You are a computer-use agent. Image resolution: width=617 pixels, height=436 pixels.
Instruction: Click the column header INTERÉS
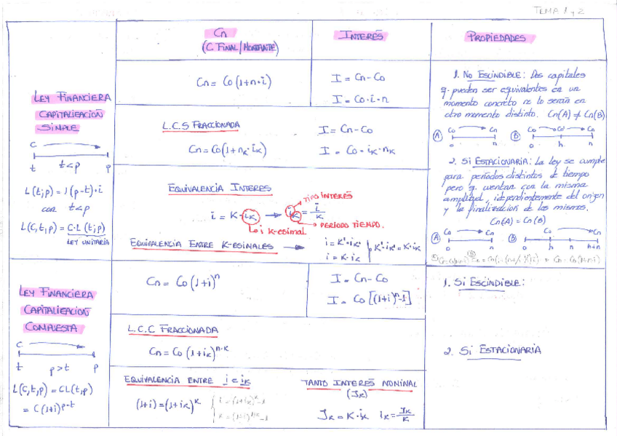click(x=359, y=36)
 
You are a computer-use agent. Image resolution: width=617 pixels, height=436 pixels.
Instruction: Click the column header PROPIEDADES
click(x=496, y=38)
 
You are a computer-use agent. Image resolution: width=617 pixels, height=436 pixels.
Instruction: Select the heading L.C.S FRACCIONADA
click(x=201, y=126)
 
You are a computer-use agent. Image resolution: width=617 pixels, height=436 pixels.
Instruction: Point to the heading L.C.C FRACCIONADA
click(x=173, y=330)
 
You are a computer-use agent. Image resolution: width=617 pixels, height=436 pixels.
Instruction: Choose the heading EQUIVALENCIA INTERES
click(x=219, y=188)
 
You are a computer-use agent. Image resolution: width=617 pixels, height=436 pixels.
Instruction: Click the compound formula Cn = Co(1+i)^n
click(x=182, y=280)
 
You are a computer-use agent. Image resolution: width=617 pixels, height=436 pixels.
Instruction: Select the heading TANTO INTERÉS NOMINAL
click(x=359, y=384)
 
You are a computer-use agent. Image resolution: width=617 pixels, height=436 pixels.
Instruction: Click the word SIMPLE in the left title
click(x=60, y=127)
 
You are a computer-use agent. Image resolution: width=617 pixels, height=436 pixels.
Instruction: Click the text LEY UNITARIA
click(x=87, y=242)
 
